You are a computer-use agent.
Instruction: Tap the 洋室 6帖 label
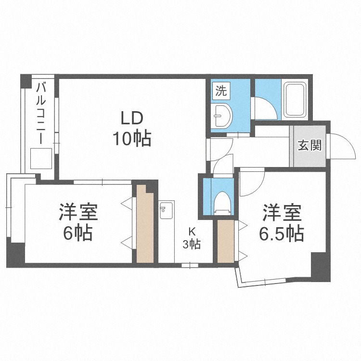click(78, 222)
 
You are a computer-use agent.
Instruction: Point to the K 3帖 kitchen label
click(191, 237)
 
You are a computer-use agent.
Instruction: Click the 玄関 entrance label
click(309, 145)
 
